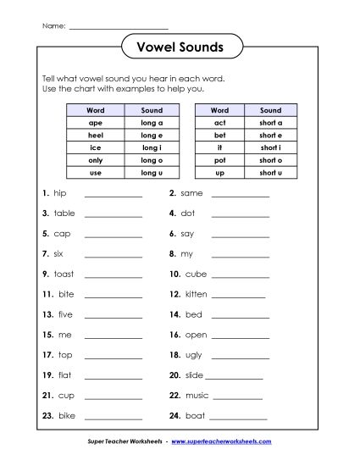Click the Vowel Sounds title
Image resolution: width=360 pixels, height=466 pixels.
pyautogui.click(x=180, y=47)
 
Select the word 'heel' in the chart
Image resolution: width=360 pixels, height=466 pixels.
pyautogui.click(x=95, y=135)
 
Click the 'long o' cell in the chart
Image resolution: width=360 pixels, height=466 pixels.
pyautogui.click(x=152, y=159)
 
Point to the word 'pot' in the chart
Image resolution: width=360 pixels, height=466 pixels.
pyautogui.click(x=219, y=159)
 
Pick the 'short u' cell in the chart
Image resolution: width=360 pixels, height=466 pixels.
pyautogui.click(x=271, y=172)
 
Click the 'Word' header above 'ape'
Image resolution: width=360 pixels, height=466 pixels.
pyautogui.click(x=95, y=110)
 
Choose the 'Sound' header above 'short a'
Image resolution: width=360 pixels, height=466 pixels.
pyautogui.click(x=271, y=110)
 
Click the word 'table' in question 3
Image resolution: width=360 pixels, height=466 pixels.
pyautogui.click(x=64, y=214)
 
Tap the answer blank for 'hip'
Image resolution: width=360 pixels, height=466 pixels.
pyautogui.click(x=114, y=196)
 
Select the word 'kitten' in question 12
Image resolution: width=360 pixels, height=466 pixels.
pyautogui.click(x=196, y=295)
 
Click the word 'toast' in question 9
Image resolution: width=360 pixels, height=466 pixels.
pyautogui.click(x=64, y=275)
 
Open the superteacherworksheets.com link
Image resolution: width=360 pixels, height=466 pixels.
pyautogui.click(x=227, y=442)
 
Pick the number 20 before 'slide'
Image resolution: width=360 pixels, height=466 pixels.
pyautogui.click(x=175, y=375)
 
